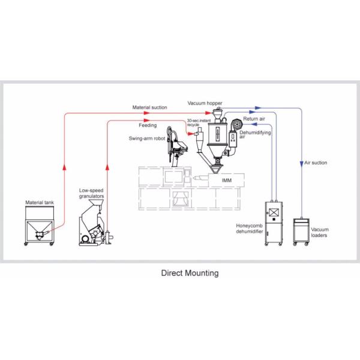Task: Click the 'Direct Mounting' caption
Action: (x=190, y=272)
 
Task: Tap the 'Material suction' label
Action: (x=150, y=107)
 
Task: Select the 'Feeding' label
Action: (x=148, y=126)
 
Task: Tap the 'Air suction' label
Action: (x=316, y=163)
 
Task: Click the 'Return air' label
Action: (x=254, y=119)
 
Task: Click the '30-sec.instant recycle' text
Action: (x=197, y=122)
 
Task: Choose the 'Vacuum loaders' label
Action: (x=320, y=232)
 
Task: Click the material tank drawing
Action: (x=38, y=226)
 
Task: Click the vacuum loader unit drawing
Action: (x=301, y=231)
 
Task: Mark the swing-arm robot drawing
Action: (x=176, y=144)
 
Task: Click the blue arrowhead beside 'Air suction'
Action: (x=301, y=163)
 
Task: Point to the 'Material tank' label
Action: (x=39, y=202)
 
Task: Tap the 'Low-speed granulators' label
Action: (x=92, y=193)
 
